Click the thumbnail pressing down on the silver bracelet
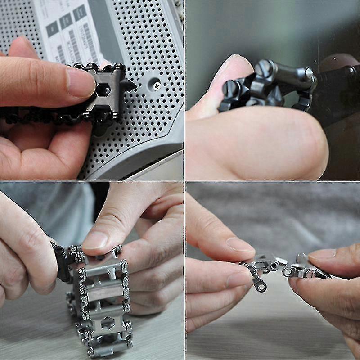tap(95, 240)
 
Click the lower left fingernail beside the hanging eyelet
tap(238, 280)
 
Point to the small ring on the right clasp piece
tap(287, 272)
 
